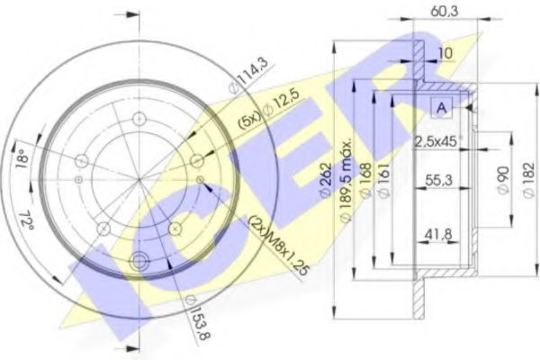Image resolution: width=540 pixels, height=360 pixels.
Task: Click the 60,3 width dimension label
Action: coord(444,12)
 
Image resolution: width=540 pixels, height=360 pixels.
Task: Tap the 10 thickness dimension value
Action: coord(446,53)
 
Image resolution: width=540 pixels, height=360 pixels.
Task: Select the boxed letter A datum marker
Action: coord(442,108)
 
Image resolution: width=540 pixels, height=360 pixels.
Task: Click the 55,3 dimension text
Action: coord(438,180)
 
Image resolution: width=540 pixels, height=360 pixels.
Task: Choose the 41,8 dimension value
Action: coord(437,235)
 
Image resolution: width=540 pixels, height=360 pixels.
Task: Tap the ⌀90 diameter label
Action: coord(503,180)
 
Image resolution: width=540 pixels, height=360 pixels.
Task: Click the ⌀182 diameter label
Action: coord(529,179)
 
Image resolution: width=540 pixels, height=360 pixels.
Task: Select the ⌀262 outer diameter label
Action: coord(326,181)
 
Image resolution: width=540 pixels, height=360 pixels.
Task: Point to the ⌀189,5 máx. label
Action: coord(346,180)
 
